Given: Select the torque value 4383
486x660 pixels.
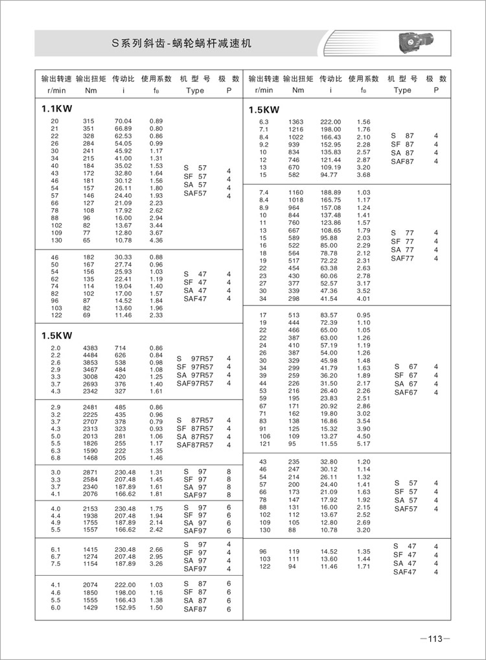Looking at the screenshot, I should pyautogui.click(x=90, y=349).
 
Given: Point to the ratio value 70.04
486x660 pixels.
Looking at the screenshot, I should pyautogui.click(x=123, y=121).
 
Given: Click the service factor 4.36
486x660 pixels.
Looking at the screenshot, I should pyautogui.click(x=156, y=241).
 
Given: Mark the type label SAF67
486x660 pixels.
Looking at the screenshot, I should pyautogui.click(x=406, y=392).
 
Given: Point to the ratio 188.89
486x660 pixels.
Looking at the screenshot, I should pyautogui.click(x=330, y=193).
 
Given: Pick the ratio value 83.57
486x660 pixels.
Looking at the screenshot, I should pyautogui.click(x=330, y=315).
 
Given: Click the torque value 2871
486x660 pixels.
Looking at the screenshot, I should pyautogui.click(x=90, y=472).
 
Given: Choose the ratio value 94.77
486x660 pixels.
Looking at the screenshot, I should pyautogui.click(x=330, y=174).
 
